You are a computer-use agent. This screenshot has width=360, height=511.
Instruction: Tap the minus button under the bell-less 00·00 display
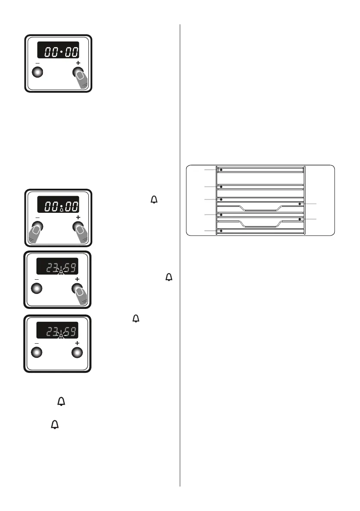(37, 72)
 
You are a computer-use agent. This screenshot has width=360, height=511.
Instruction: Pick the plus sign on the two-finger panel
(78, 218)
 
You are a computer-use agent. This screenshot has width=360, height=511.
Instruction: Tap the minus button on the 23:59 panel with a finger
(37, 289)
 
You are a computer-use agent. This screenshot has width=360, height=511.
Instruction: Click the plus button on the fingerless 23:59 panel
(76, 352)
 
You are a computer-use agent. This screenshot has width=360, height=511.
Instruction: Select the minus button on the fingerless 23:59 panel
(37, 352)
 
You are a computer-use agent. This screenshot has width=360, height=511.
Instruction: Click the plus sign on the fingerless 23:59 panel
(78, 344)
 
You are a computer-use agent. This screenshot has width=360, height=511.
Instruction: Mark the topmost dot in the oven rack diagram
(221, 170)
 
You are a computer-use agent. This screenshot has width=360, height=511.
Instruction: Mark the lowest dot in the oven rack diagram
(221, 231)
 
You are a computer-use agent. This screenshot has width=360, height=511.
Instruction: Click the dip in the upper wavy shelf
(260, 209)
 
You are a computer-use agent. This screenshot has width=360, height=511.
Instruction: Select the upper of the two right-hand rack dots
(299, 203)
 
